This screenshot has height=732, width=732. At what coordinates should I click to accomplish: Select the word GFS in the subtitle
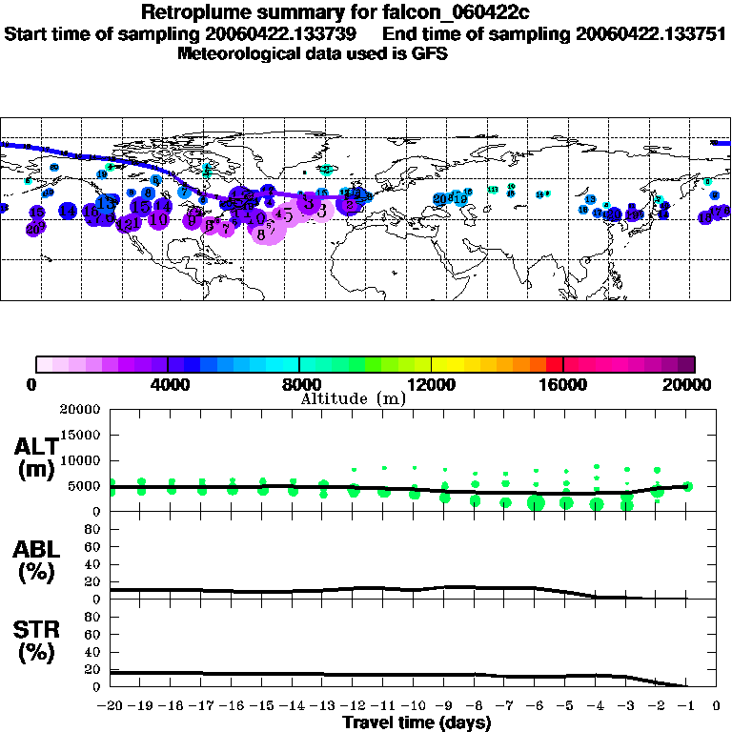[x=429, y=53]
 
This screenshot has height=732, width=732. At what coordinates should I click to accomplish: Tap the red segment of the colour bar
[x=555, y=364]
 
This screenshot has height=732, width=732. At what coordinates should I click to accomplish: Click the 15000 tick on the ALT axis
[x=80, y=435]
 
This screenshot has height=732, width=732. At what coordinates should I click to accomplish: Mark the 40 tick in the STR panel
[x=93, y=652]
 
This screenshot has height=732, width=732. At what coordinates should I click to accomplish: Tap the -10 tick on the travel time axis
[x=414, y=706]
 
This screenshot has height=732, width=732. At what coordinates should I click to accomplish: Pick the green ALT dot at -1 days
[x=688, y=486]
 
